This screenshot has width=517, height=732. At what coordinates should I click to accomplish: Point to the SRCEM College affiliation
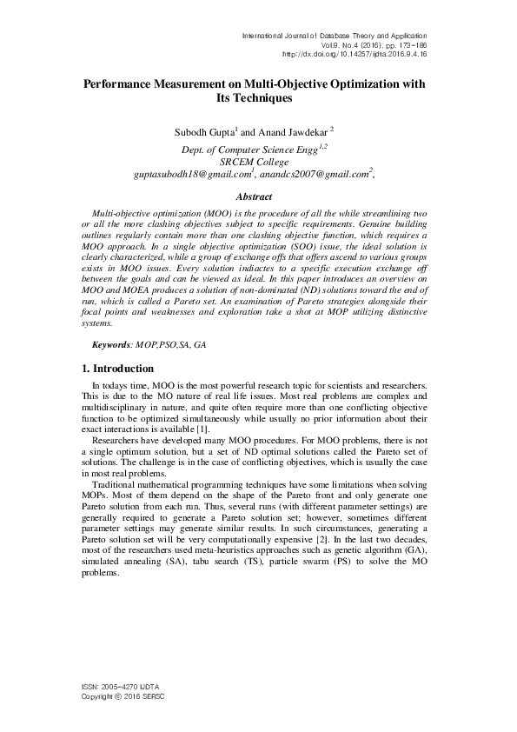pos(258,162)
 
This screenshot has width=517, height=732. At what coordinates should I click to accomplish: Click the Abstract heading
pos(258,197)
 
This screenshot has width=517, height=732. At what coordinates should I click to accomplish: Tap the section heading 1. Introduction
pos(116,369)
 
